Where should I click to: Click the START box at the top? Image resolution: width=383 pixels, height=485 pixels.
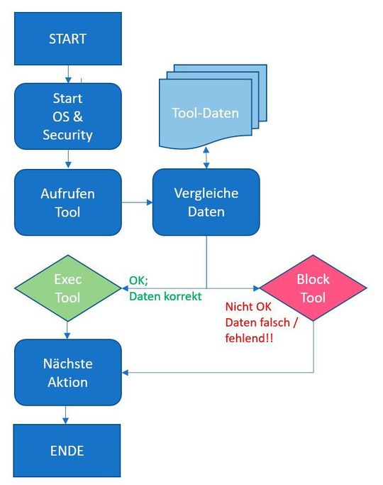click(x=68, y=38)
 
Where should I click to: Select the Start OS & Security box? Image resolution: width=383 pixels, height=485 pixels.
click(x=68, y=116)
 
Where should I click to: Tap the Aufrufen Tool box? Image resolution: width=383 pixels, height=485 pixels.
click(x=68, y=202)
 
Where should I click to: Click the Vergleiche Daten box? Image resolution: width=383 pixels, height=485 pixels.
click(x=206, y=202)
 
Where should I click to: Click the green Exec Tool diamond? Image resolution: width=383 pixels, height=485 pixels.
click(x=68, y=289)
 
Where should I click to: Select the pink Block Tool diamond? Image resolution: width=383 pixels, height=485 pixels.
click(x=313, y=289)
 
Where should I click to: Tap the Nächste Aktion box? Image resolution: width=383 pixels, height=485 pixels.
click(x=68, y=373)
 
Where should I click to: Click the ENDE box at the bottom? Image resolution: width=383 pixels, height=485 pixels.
click(x=68, y=451)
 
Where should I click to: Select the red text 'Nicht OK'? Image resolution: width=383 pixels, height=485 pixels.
click(x=248, y=308)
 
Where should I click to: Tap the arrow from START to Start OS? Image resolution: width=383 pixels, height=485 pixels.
click(x=68, y=72)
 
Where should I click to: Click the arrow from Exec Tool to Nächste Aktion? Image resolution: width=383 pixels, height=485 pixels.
click(x=68, y=327)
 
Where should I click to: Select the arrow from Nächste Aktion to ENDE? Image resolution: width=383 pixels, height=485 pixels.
click(x=68, y=415)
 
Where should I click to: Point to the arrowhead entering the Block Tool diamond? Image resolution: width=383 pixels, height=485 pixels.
click(x=255, y=289)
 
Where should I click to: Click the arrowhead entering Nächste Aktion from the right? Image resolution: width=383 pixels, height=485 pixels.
click(x=126, y=372)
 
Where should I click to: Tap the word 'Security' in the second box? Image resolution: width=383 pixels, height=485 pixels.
click(x=68, y=134)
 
